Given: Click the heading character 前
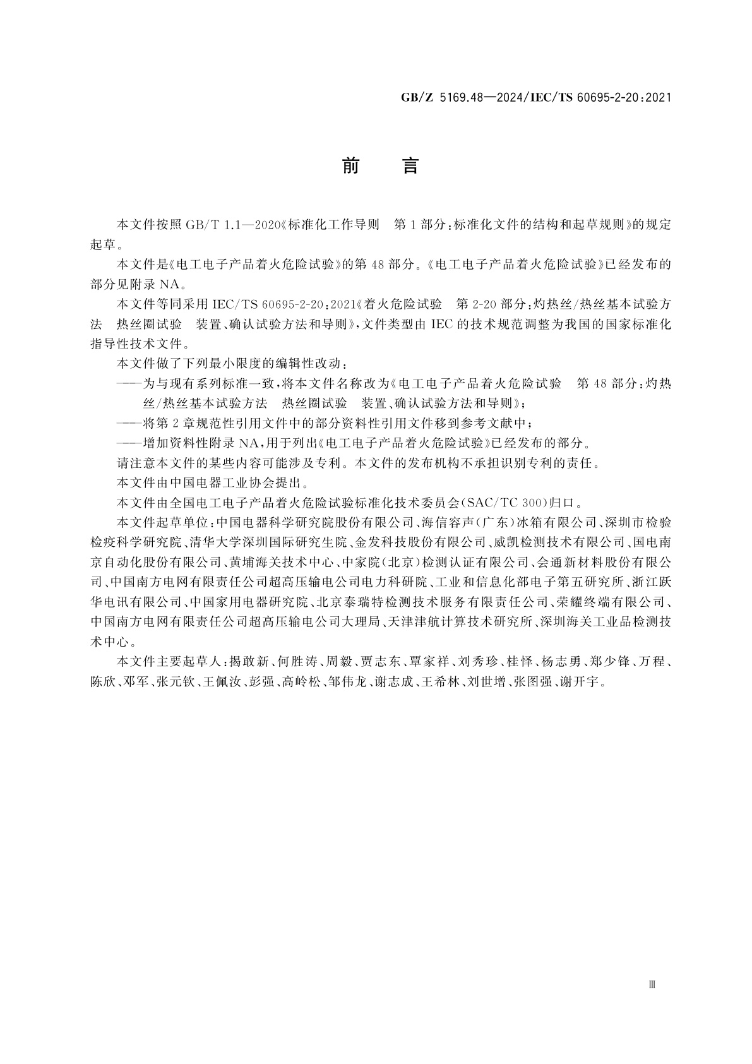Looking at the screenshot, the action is (x=350, y=165).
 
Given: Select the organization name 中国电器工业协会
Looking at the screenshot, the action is (x=216, y=484).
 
